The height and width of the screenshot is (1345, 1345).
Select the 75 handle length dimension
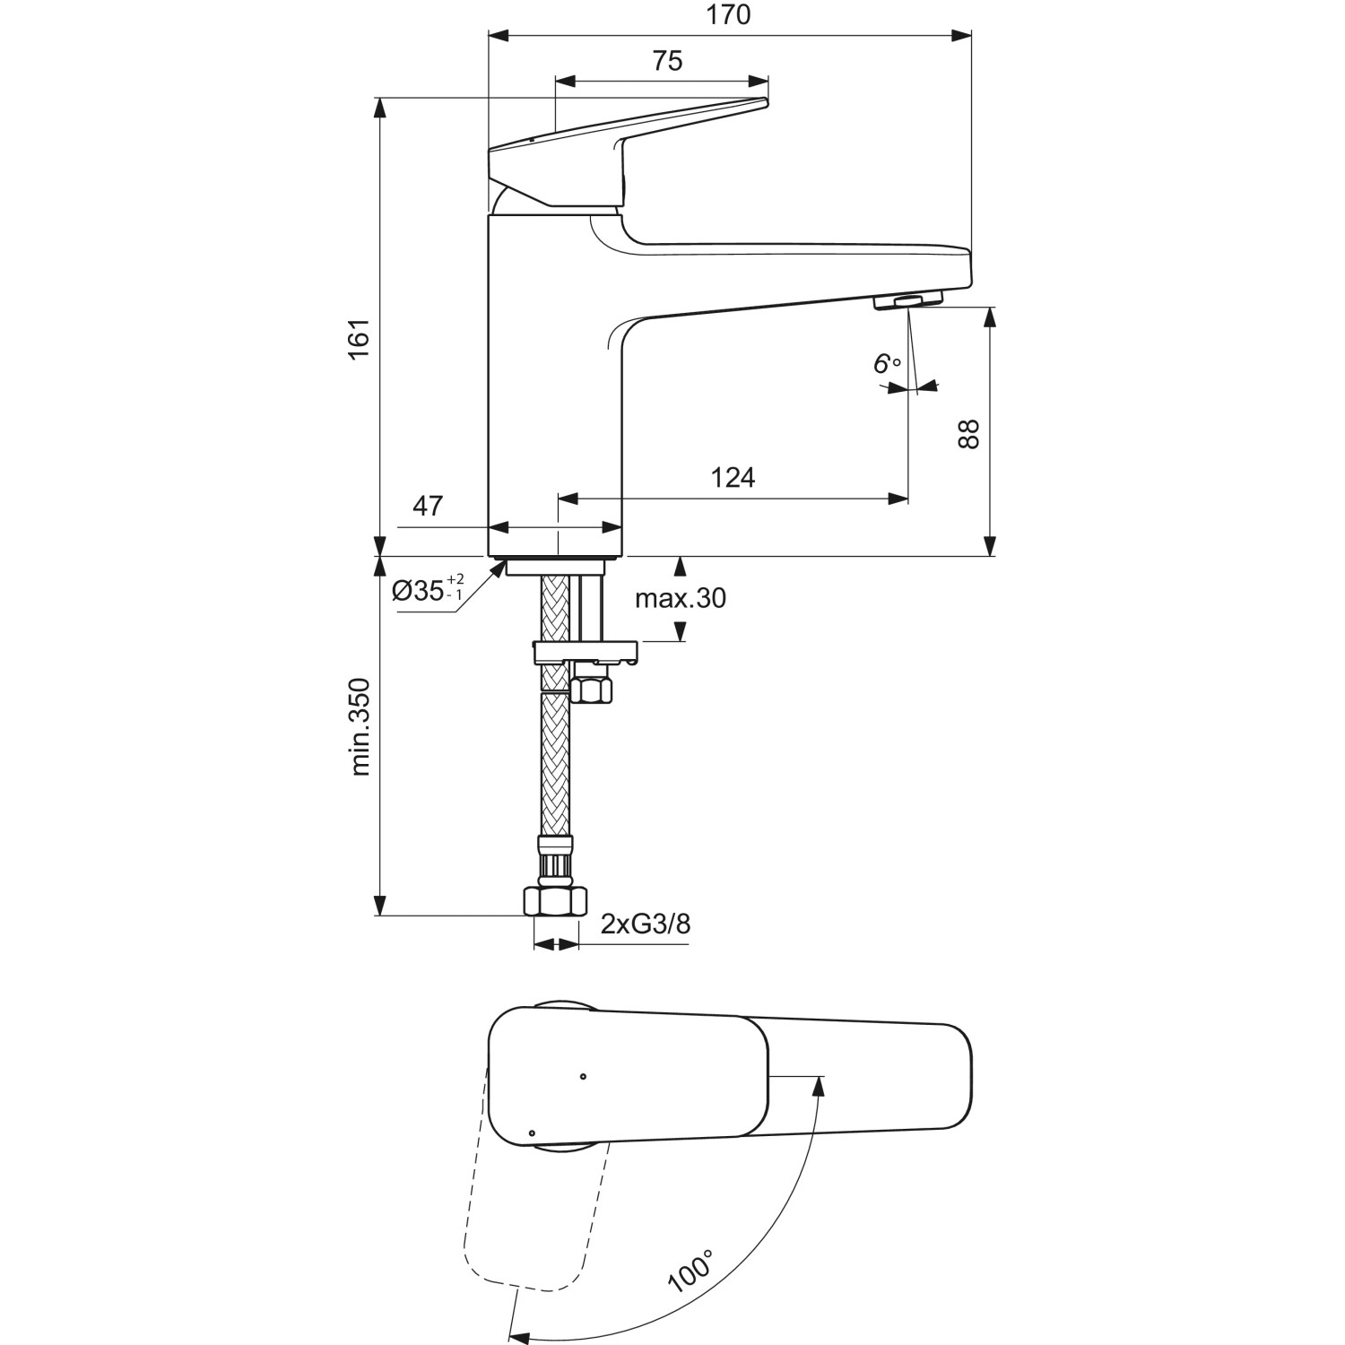667,61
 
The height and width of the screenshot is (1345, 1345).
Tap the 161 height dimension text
360,340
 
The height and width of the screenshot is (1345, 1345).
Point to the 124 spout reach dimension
733,478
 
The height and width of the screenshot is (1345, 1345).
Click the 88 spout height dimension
968,434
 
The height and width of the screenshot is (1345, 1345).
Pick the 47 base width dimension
428,506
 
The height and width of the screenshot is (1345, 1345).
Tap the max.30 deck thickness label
681,598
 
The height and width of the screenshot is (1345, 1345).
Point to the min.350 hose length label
360,726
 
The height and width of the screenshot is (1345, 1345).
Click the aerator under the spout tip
907,301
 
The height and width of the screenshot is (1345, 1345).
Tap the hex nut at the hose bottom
554,900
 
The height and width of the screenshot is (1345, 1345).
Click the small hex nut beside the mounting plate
591,690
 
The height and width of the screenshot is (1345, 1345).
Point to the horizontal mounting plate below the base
585,651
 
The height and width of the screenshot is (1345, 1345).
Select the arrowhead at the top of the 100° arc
817,1085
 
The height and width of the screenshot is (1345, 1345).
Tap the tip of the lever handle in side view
764,102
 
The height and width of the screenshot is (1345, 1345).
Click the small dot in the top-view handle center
583,1076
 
